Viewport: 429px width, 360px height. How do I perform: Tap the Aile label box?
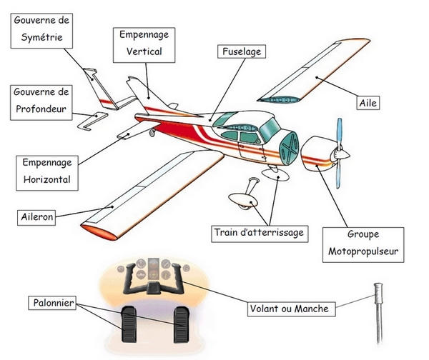[x=368, y=103]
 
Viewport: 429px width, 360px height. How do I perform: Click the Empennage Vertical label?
[x=144, y=42]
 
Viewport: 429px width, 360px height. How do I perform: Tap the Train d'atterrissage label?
[x=259, y=232]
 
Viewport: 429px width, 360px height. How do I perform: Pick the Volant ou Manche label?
[x=289, y=309]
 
